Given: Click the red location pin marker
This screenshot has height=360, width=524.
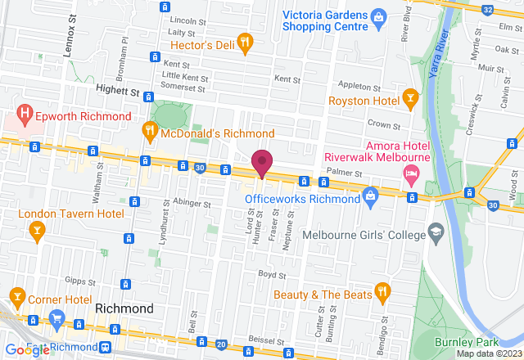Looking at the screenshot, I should [262, 162].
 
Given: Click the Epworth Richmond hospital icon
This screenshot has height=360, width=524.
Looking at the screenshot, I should [25, 115].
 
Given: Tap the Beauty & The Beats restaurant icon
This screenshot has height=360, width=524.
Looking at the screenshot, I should [382, 291].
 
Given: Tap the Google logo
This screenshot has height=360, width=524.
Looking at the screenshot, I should [25, 350].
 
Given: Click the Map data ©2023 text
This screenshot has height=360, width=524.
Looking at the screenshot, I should [488, 353].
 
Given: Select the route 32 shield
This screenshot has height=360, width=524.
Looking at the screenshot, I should [488, 9].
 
